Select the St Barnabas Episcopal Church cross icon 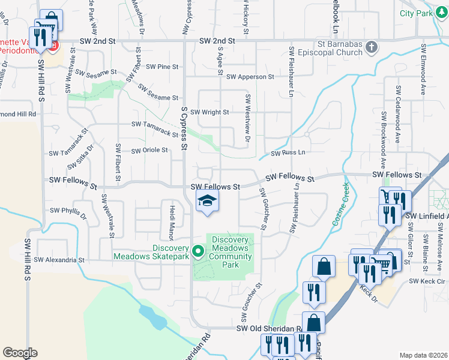(x=371, y=46)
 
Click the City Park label (x=416, y=13)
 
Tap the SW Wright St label (x=209, y=112)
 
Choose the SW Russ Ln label (x=288, y=153)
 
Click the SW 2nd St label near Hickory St (x=216, y=40)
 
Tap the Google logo (x=20, y=352)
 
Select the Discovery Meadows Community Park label (x=230, y=252)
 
